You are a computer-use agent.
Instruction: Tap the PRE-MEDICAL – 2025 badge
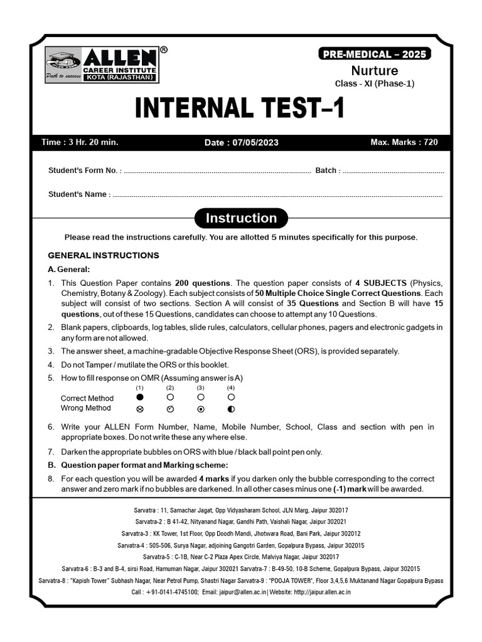tap(374, 54)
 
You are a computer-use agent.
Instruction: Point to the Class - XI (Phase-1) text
tap(374, 83)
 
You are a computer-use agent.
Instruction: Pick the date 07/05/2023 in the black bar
tap(242, 142)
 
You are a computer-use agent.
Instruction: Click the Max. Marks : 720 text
tap(404, 142)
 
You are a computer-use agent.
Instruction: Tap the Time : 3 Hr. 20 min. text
tap(80, 142)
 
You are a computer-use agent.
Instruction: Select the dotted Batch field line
tap(393, 171)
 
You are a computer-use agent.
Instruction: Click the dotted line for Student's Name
tap(276, 195)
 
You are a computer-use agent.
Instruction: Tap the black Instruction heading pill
tap(241, 218)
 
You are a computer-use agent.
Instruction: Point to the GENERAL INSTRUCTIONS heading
tap(104, 255)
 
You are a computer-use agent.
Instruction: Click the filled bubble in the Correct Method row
tap(139, 397)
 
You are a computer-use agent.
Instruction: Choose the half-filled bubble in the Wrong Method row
tap(231, 409)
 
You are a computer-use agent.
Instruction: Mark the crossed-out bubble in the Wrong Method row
tap(139, 409)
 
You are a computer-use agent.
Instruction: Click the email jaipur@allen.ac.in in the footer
tap(237, 592)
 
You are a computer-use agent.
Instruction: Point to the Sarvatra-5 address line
tap(241, 557)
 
